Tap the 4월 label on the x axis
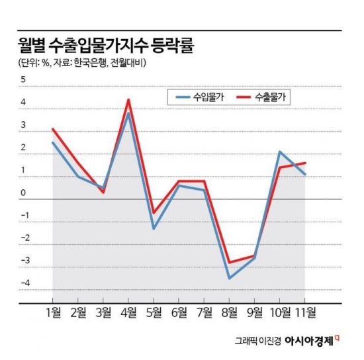(128, 311)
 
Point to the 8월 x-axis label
(230, 311)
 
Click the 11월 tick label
(305, 311)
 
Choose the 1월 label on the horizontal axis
(53, 311)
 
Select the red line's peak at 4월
(128, 100)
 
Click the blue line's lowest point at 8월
(229, 278)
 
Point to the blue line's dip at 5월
(154, 228)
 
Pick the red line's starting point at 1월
(53, 129)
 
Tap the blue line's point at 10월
(280, 152)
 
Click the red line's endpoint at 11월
(304, 163)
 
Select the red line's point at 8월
(229, 263)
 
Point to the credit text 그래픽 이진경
(258, 342)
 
